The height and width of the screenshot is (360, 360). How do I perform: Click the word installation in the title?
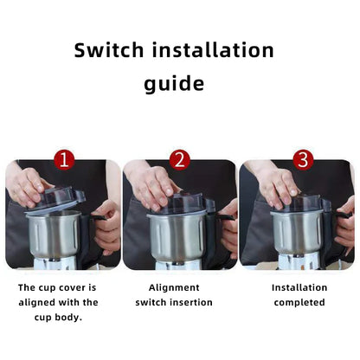click(216, 50)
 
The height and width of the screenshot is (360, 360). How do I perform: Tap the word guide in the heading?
click(174, 84)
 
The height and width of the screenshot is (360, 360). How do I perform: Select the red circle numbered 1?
click(64, 160)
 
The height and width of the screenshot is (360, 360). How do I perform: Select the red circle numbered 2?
click(179, 160)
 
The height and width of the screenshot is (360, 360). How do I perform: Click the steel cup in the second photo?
click(177, 235)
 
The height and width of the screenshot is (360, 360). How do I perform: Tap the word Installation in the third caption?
click(299, 287)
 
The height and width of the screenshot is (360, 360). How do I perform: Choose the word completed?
click(299, 302)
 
